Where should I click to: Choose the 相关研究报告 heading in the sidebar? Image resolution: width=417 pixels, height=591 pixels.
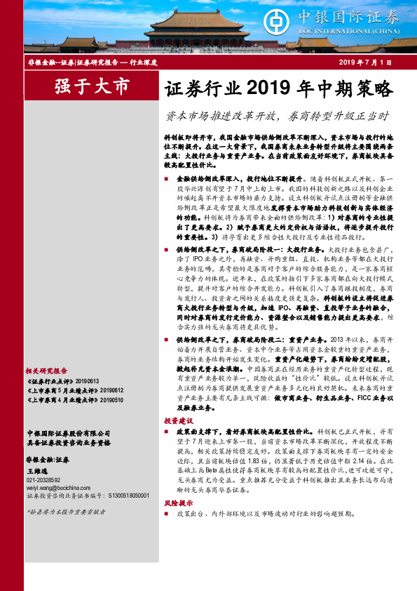(x=46, y=371)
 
